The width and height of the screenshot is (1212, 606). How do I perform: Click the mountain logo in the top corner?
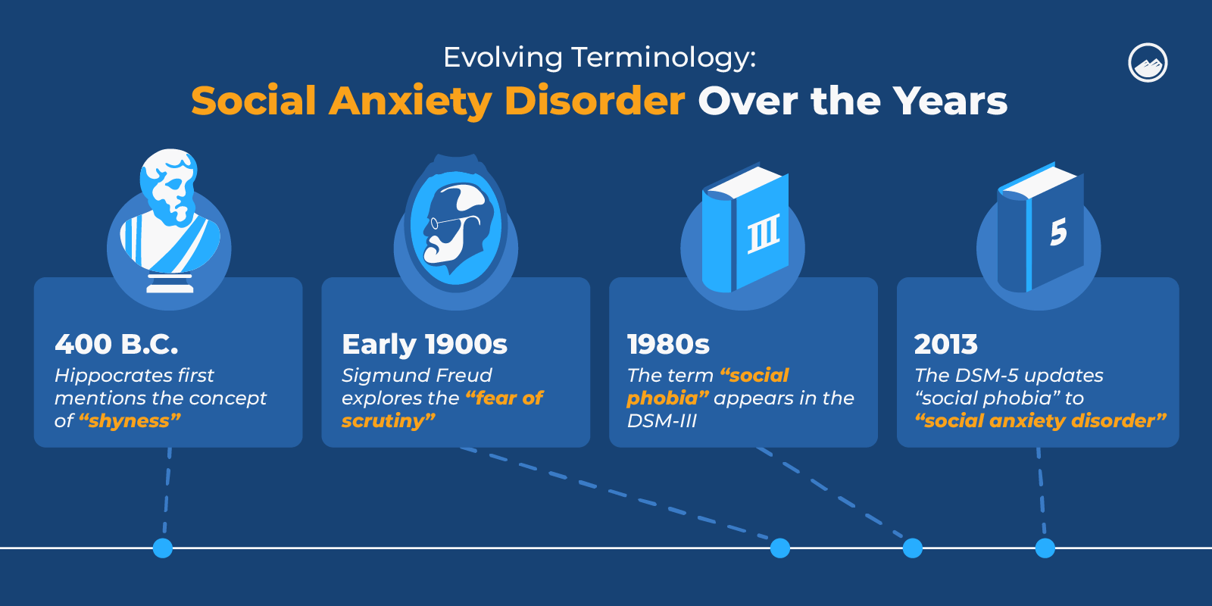click(1148, 63)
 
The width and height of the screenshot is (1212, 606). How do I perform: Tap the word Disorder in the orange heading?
click(595, 101)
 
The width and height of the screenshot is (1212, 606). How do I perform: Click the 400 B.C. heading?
click(117, 344)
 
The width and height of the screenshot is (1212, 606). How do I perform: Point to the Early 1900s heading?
click(424, 344)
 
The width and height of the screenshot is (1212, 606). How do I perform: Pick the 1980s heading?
click(668, 344)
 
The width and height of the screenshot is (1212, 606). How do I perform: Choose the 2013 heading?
click(945, 344)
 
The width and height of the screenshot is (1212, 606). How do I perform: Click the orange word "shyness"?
click(130, 420)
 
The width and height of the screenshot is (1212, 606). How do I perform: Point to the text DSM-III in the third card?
click(661, 420)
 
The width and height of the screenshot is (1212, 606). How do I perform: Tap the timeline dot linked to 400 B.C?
click(163, 548)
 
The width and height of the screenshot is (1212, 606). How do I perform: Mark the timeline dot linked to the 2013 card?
click(1045, 548)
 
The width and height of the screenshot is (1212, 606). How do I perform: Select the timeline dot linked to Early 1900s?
click(779, 548)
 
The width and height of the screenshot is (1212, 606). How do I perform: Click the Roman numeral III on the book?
click(763, 234)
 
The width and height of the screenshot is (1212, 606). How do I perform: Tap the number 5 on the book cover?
click(1058, 232)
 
